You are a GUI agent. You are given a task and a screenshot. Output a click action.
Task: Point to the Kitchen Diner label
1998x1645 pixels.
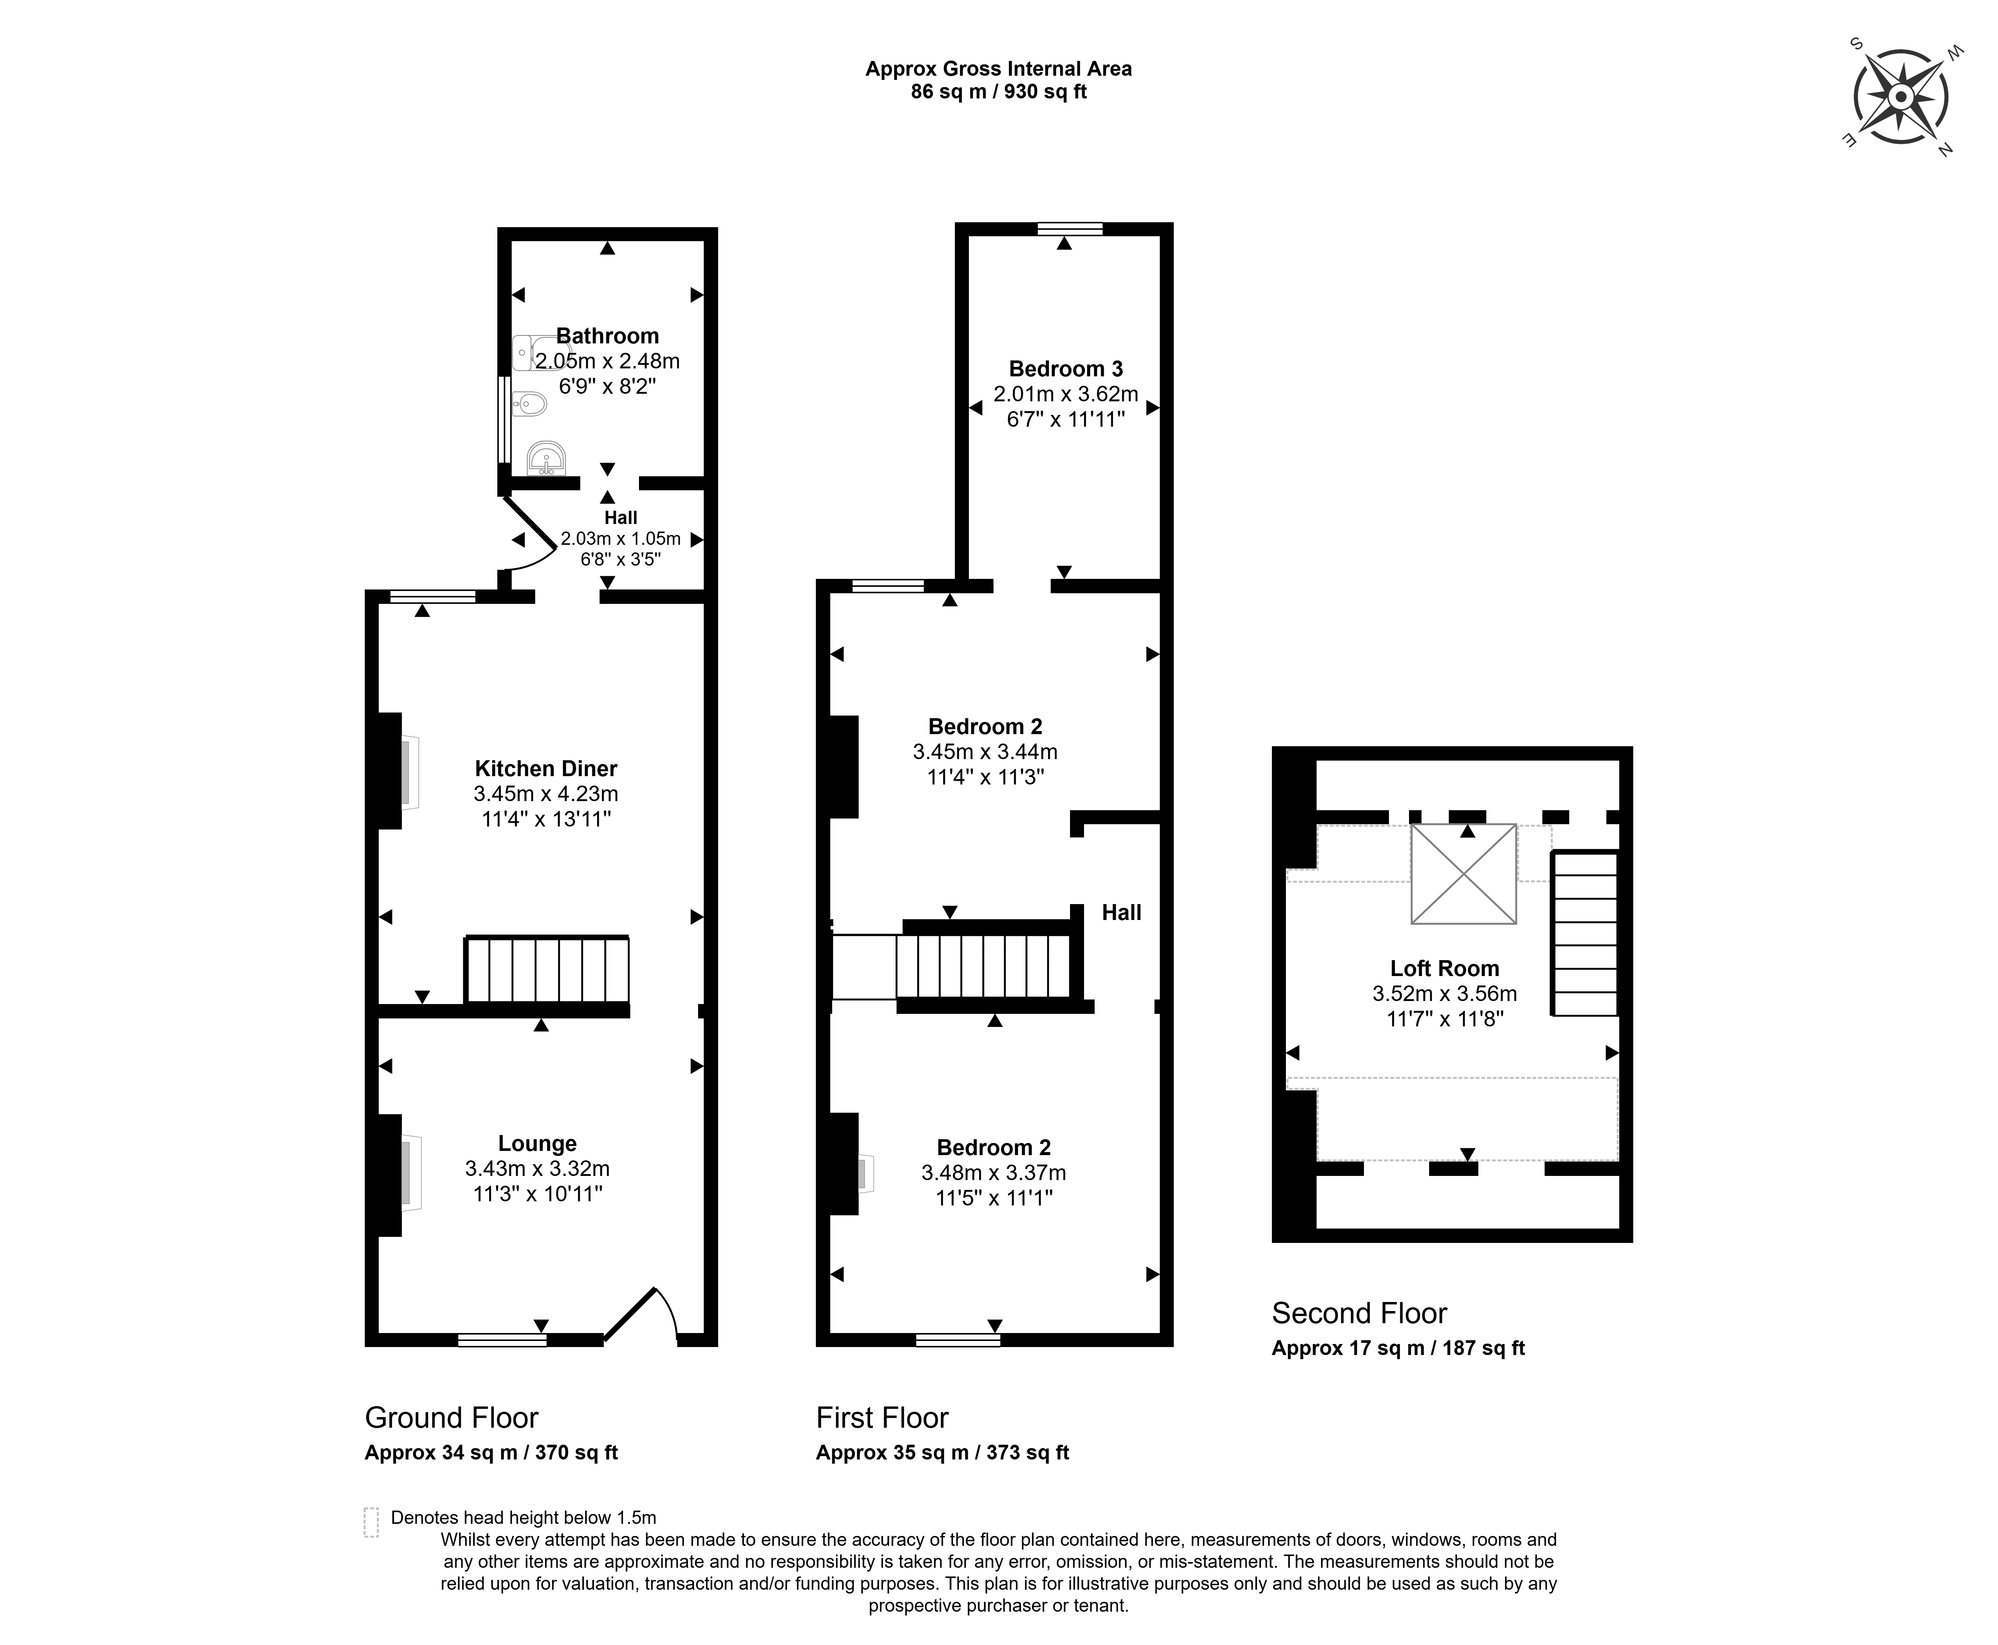point(546,769)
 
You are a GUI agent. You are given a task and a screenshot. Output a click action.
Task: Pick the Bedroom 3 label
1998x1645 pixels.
point(1065,369)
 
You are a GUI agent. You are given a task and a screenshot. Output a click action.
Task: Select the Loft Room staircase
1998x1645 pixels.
point(1585,933)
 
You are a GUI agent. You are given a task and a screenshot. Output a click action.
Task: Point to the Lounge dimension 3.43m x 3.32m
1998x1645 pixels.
point(537,1168)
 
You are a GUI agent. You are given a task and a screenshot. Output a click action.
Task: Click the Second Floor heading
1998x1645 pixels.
point(1359,1313)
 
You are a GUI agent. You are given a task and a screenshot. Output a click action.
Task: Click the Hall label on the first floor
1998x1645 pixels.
point(1121,912)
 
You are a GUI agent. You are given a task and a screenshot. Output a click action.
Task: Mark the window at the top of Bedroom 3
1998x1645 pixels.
point(1070,228)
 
